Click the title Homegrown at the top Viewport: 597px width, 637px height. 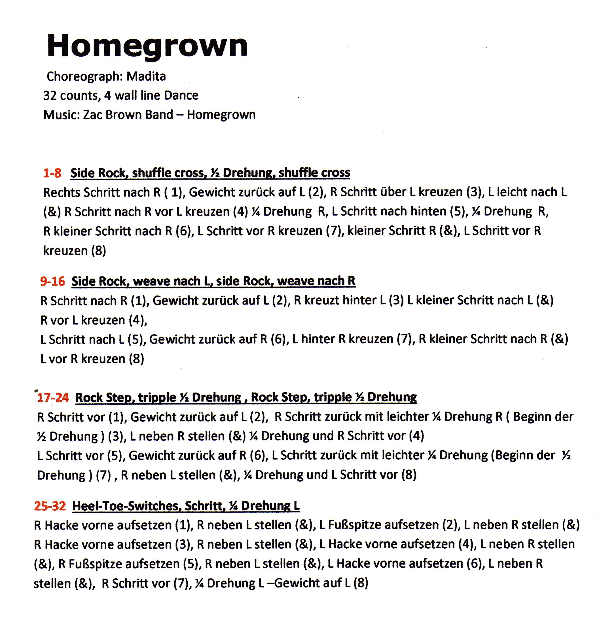click(147, 46)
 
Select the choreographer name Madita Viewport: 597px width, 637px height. click(146, 76)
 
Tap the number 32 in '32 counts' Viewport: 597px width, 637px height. click(50, 95)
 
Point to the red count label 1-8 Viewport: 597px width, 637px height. click(52, 173)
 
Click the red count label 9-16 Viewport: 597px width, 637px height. click(52, 281)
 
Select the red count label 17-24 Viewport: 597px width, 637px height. click(53, 398)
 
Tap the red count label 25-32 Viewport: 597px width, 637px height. click(50, 506)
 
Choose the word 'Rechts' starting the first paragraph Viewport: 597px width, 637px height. click(61, 193)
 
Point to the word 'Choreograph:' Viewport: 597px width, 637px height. click(85, 76)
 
